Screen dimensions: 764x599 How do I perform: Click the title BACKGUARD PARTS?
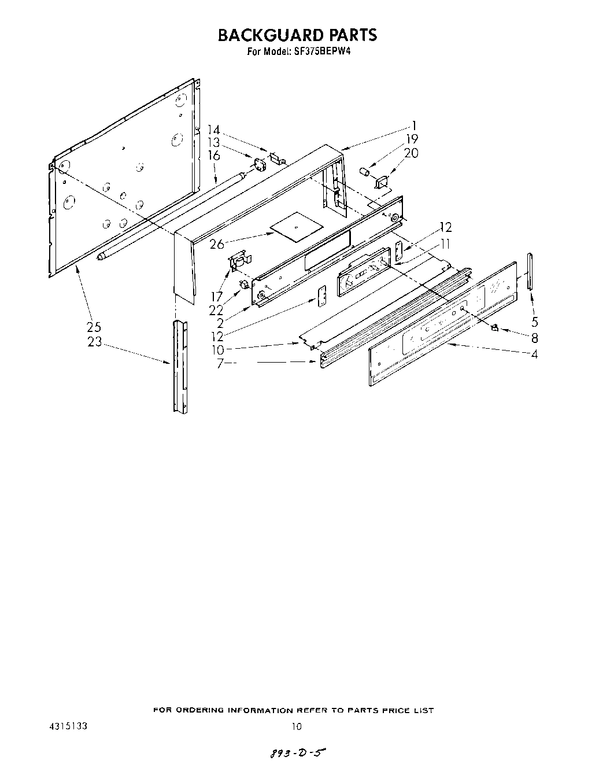(297, 35)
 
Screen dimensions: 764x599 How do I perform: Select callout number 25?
(94, 327)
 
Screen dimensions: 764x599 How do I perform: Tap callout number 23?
(94, 342)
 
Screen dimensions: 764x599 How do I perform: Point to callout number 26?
(217, 244)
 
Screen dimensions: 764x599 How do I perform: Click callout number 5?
(535, 322)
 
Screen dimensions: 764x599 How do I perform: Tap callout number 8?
(535, 338)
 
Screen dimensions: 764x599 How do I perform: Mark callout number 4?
(535, 354)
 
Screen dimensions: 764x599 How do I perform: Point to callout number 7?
(220, 364)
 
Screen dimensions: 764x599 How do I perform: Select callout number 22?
(216, 310)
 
